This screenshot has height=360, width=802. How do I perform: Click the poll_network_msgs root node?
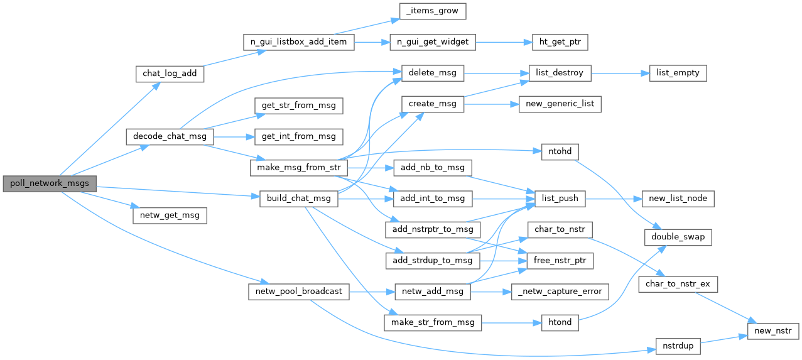tap(50, 183)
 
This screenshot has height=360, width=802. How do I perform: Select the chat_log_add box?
tap(170, 74)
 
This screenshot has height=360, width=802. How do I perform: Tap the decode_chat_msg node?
tap(170, 136)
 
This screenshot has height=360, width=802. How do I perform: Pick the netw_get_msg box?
tap(170, 215)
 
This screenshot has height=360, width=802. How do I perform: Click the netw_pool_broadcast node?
tap(299, 291)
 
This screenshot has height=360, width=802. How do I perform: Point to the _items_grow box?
tap(433, 11)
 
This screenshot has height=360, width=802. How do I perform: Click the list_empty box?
tap(678, 73)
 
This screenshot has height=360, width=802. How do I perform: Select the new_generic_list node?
tap(560, 104)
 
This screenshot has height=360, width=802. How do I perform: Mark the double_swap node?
tap(678, 237)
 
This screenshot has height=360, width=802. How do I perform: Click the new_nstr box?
tap(773, 330)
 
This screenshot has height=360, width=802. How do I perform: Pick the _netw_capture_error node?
tap(560, 291)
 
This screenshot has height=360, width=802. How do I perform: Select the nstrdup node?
tap(678, 346)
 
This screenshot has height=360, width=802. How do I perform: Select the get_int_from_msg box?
tap(299, 136)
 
